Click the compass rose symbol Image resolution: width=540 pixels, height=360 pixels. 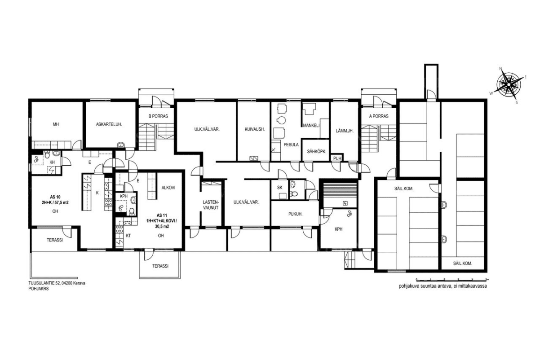509,85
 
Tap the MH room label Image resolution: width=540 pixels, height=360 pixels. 56,124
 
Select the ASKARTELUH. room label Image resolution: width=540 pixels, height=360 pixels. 109,124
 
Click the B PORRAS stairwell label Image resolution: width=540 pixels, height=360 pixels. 158,116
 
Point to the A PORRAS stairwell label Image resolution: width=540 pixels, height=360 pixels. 379,116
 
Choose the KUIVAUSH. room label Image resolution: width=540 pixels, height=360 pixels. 255,129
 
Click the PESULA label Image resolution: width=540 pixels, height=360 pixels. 291,145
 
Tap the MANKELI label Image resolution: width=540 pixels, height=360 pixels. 311,125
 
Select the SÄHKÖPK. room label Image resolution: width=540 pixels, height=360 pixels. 317,152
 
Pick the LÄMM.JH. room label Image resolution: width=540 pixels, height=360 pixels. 345,131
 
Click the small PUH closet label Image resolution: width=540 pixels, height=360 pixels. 337,158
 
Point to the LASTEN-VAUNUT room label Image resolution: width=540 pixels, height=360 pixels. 211,205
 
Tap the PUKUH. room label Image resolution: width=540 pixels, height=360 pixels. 295,214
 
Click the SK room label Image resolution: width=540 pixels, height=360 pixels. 279,188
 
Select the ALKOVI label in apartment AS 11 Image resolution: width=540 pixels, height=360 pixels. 168,188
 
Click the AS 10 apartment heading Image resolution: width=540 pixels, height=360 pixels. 55,197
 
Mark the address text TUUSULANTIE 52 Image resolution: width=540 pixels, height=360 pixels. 44,283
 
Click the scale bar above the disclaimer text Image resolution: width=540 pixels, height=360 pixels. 452,280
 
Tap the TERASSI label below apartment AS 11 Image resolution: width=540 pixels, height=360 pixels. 160,266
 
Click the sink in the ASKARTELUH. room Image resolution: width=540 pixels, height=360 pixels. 120,145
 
